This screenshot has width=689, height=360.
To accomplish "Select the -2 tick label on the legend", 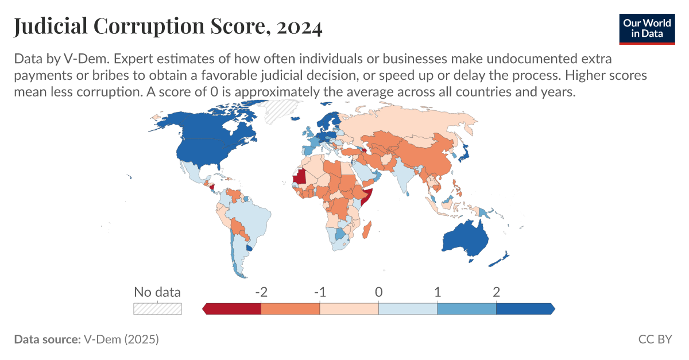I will click(x=261, y=292).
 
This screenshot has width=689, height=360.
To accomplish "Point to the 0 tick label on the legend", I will click(x=378, y=292).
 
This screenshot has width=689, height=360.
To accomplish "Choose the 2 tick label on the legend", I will click(x=496, y=292).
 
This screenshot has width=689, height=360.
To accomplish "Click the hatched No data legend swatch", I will click(x=157, y=309).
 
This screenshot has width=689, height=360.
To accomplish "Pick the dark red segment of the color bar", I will click(x=234, y=309).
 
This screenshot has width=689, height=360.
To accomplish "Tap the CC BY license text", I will click(x=655, y=339).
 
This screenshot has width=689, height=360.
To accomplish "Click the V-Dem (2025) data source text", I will click(x=121, y=339).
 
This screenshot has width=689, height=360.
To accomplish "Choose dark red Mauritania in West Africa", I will click(x=300, y=176).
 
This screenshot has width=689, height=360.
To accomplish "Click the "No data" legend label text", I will click(x=157, y=292).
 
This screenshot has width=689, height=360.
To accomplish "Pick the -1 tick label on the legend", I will click(x=320, y=292).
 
